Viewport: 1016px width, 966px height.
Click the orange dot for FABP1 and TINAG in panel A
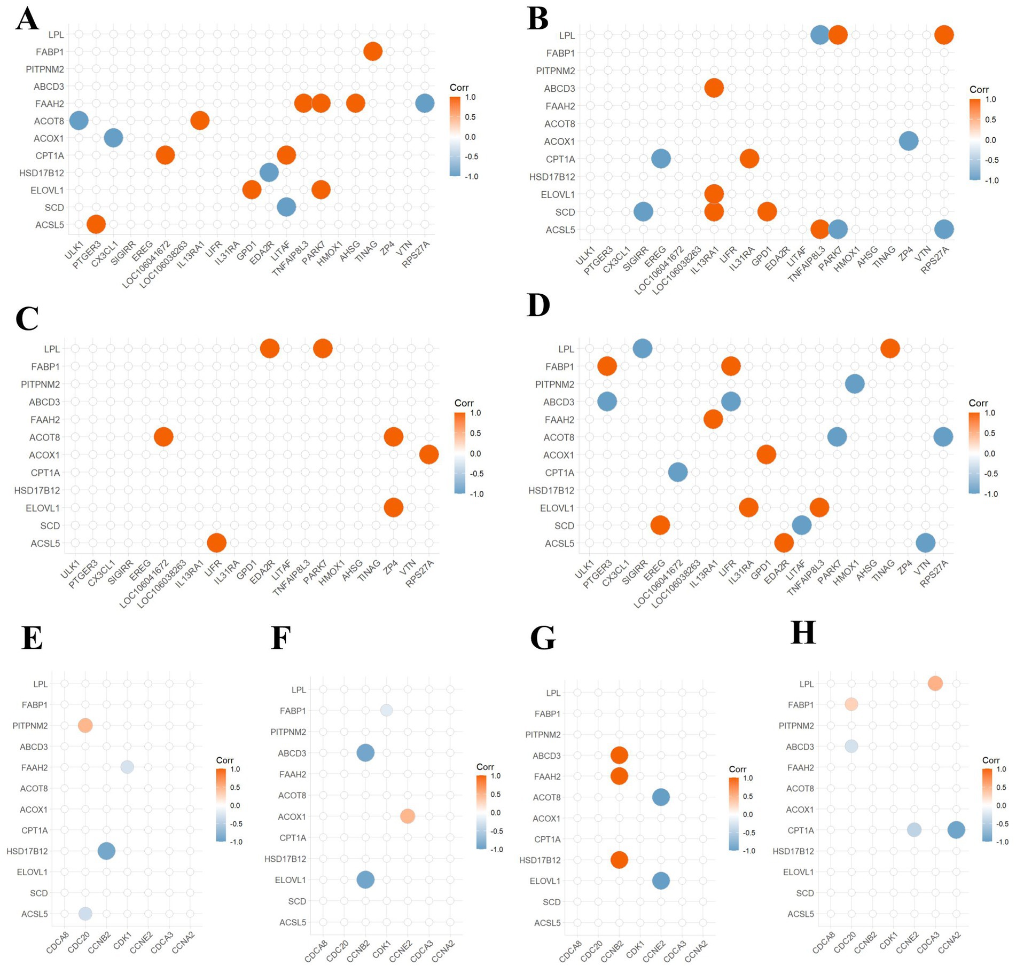point(373,52)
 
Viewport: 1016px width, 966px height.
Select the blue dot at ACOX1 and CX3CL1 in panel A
point(113,138)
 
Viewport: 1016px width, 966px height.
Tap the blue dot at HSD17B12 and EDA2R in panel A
point(269,172)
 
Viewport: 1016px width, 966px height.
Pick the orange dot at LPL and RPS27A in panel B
point(944,35)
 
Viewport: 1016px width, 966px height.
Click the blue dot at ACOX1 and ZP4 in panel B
point(908,141)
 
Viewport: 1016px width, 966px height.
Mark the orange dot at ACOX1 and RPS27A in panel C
point(428,454)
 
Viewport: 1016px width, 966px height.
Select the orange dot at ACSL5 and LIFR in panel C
point(216,543)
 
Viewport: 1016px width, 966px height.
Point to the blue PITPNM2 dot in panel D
point(855,384)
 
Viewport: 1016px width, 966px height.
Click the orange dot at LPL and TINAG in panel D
point(890,349)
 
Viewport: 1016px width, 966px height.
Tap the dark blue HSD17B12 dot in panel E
point(106,851)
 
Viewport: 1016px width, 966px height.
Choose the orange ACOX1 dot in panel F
point(407,816)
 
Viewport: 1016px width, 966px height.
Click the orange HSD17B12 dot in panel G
point(619,860)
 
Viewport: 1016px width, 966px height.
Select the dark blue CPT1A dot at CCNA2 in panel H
point(956,830)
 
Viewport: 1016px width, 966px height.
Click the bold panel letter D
point(538,307)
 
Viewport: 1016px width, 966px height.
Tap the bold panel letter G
point(543,638)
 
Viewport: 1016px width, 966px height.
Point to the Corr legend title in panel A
point(459,88)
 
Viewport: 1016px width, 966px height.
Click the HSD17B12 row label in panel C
point(37,490)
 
